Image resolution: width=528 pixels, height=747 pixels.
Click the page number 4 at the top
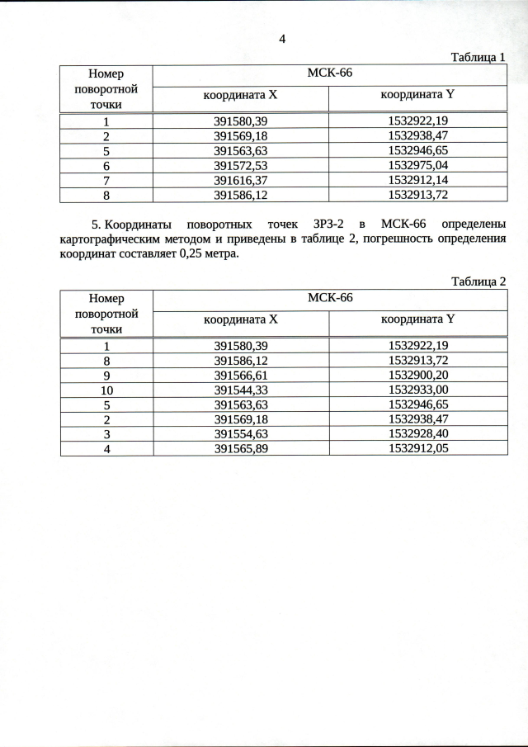pyautogui.click(x=282, y=39)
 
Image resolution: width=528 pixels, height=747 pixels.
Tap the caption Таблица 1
pyautogui.click(x=478, y=57)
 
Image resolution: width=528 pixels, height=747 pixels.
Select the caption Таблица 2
pyautogui.click(x=478, y=281)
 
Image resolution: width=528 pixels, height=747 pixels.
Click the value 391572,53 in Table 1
pyautogui.click(x=240, y=165)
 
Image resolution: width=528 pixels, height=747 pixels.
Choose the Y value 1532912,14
pyautogui.click(x=417, y=180)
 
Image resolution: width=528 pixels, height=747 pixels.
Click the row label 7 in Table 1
pyautogui.click(x=106, y=180)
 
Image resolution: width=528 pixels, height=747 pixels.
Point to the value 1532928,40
pyautogui.click(x=417, y=433)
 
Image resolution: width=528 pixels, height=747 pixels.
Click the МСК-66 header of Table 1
pyautogui.click(x=329, y=73)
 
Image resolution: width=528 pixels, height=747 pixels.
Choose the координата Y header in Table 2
pyautogui.click(x=417, y=319)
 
